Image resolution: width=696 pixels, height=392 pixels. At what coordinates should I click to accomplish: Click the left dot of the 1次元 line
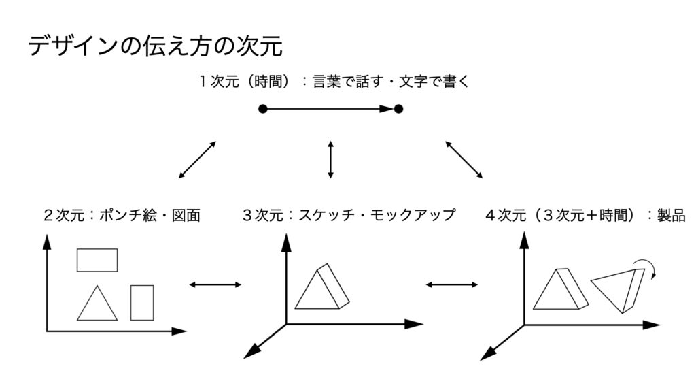(x=263, y=109)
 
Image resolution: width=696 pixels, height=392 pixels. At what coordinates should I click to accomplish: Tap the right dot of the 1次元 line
(x=398, y=109)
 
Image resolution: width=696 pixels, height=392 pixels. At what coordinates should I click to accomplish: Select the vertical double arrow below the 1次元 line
(x=330, y=159)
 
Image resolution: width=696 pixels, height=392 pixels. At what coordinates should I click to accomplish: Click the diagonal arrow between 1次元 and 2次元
(x=198, y=159)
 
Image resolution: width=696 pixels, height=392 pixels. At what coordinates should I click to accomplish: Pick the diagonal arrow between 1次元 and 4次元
(x=464, y=159)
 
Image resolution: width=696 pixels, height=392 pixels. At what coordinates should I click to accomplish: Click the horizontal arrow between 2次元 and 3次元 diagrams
(x=215, y=284)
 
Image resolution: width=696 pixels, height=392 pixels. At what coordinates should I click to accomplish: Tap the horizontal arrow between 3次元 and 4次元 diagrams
(x=452, y=284)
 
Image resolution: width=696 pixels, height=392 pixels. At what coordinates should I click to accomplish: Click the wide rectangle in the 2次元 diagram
(x=97, y=260)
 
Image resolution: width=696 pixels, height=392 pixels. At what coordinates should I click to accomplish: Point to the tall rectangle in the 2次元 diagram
(x=142, y=303)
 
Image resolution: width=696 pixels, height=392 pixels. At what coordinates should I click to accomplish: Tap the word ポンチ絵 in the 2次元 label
(x=128, y=215)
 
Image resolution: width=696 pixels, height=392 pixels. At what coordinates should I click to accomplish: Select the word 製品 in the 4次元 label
(x=671, y=215)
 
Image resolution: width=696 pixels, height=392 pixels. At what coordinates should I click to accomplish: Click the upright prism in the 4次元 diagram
(x=561, y=289)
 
